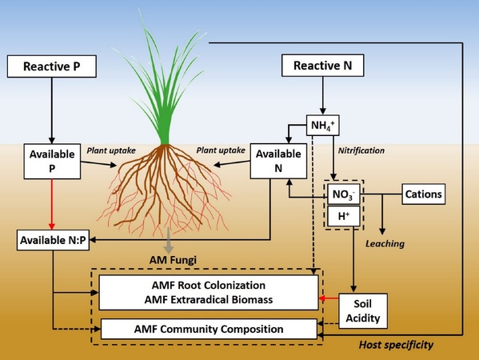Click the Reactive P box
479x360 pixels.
click(x=52, y=66)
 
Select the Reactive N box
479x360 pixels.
click(x=322, y=66)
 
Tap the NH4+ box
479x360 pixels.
click(x=323, y=126)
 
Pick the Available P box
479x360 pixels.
click(x=52, y=162)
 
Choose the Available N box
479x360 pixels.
click(x=278, y=161)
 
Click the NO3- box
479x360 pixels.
click(x=344, y=194)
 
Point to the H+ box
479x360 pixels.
click(x=344, y=216)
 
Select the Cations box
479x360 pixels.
click(x=423, y=194)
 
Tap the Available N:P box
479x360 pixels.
click(x=53, y=240)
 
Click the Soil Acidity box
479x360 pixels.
click(x=363, y=311)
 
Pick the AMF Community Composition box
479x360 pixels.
click(x=209, y=329)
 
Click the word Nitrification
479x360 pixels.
click(x=361, y=150)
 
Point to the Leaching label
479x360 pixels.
click(x=385, y=243)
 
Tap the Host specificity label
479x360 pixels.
click(x=396, y=345)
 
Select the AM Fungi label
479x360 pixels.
click(x=173, y=260)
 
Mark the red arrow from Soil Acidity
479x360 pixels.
click(x=329, y=298)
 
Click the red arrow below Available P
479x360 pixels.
click(x=52, y=205)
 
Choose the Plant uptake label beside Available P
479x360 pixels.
click(x=111, y=150)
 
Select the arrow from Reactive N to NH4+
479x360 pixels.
click(x=322, y=96)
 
